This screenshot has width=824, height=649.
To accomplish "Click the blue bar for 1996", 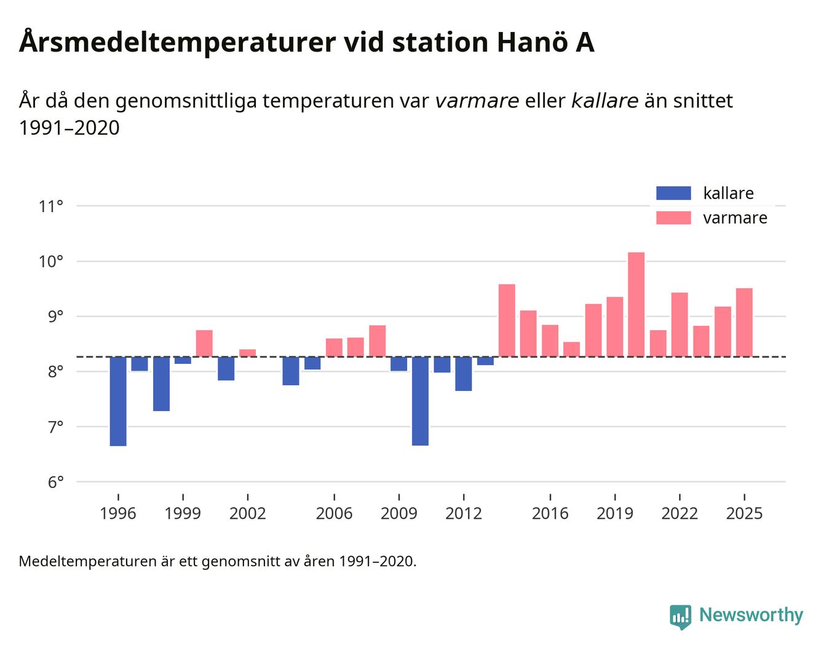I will pyautogui.click(x=118, y=401).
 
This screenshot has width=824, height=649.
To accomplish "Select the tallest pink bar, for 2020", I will pyautogui.click(x=636, y=304).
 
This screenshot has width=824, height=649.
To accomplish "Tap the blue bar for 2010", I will pyautogui.click(x=420, y=401).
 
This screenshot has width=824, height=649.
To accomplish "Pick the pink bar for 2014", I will pyautogui.click(x=507, y=320).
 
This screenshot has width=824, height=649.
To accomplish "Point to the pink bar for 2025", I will pyautogui.click(x=744, y=322).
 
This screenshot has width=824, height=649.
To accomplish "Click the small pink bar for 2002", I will pyautogui.click(x=247, y=353).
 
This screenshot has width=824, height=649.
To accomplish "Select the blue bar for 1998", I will pyautogui.click(x=161, y=383).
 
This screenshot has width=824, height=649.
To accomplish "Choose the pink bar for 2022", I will pyautogui.click(x=679, y=324).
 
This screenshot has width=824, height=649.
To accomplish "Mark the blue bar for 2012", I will pyautogui.click(x=464, y=374).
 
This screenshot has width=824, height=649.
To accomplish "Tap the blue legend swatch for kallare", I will pyautogui.click(x=673, y=193).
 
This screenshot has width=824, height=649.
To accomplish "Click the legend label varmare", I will pyautogui.click(x=735, y=218).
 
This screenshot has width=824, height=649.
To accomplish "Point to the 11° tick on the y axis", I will pyautogui.click(x=51, y=206).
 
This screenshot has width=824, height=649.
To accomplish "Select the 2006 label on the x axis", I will pyautogui.click(x=334, y=514).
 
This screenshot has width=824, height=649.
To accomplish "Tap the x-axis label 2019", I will pyautogui.click(x=614, y=514).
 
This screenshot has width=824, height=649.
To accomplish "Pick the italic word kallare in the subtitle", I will pyautogui.click(x=604, y=101).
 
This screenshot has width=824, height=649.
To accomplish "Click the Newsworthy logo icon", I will pyautogui.click(x=681, y=616).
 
